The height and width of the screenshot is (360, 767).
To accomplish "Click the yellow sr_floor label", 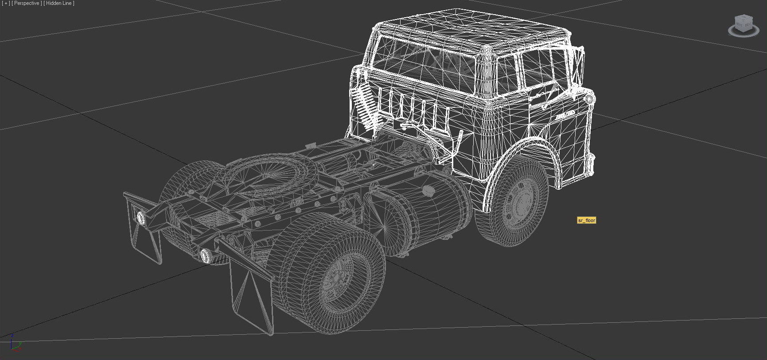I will click(x=586, y=220).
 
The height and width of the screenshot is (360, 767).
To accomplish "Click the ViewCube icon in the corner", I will click(x=743, y=25).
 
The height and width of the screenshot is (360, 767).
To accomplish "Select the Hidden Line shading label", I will click(x=59, y=3).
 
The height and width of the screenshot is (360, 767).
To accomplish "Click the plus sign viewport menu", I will click(x=6, y=3).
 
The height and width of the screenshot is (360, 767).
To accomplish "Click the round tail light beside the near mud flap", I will click(x=205, y=255).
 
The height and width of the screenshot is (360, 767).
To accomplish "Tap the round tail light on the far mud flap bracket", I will click(x=141, y=218).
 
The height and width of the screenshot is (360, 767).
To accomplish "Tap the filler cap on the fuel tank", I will click(x=428, y=191).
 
